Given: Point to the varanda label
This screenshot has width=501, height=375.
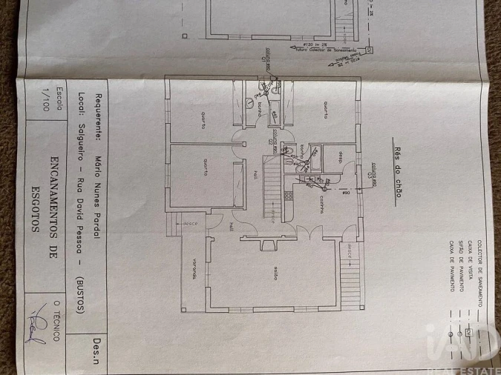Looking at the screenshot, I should point(191,272).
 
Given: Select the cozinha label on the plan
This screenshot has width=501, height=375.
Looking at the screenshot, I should point(321,204).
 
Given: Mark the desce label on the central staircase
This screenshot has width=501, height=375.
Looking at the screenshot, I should point(272,213).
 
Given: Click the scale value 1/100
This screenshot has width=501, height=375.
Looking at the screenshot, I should point(48,98).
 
